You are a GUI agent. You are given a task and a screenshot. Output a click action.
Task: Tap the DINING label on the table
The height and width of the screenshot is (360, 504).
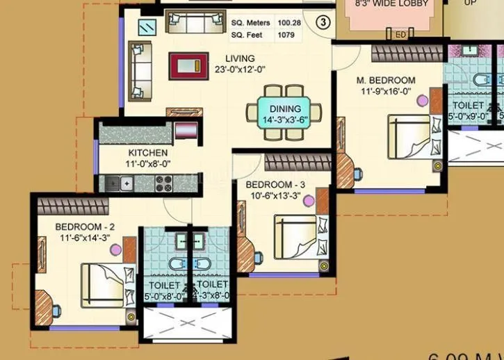click(x=286, y=109)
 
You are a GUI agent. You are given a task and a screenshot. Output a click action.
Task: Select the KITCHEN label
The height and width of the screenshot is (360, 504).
click(x=147, y=153)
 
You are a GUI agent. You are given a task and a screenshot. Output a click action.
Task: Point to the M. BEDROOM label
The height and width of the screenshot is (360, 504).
click(x=387, y=81)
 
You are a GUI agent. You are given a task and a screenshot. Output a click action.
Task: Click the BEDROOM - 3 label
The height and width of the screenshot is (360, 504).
click(x=276, y=184)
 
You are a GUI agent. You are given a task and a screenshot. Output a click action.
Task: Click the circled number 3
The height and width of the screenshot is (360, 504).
click(x=323, y=22)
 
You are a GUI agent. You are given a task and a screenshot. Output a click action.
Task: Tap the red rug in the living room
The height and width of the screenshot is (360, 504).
click(x=188, y=66)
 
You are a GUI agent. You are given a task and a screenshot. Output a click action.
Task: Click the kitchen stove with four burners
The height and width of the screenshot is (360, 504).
click(x=164, y=183)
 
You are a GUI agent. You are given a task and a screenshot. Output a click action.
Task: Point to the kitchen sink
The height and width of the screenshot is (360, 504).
click(x=121, y=183)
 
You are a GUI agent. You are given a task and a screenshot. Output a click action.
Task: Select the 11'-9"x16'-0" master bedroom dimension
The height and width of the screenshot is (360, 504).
click(x=387, y=91)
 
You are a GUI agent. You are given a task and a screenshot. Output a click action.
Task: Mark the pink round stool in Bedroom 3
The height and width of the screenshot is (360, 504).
click(x=308, y=200)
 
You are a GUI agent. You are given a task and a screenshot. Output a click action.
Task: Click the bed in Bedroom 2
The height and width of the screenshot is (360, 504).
click(x=106, y=286)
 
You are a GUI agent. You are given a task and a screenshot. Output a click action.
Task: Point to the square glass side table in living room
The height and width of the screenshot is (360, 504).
click(x=147, y=27)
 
